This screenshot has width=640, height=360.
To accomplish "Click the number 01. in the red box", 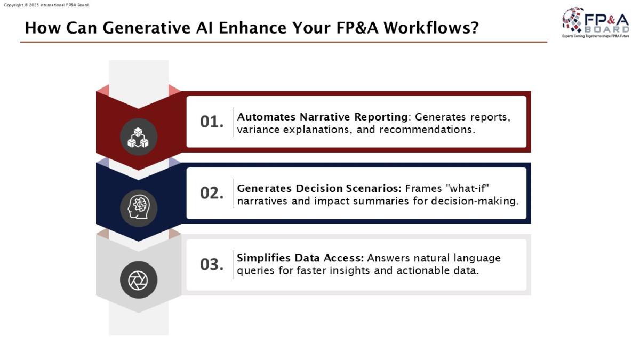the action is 212,122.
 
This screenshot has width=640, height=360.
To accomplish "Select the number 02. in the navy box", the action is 212,193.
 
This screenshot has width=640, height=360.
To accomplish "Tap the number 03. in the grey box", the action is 212,265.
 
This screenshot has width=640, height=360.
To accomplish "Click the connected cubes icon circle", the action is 139,137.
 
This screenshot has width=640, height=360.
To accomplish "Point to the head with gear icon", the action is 139,209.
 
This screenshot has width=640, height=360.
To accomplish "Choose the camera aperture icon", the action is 139,280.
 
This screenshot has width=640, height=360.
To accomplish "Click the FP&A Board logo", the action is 595,22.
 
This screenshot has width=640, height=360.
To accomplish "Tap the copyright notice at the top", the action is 46,5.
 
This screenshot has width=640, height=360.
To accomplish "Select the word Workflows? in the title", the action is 431,28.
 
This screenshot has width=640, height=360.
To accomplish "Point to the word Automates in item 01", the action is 266,117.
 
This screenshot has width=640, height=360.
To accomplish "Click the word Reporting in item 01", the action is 381,117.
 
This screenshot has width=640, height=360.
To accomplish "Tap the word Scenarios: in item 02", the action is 373,189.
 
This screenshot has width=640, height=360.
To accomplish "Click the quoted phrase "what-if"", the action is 467,188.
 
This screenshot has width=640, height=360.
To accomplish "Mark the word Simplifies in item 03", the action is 264,258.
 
